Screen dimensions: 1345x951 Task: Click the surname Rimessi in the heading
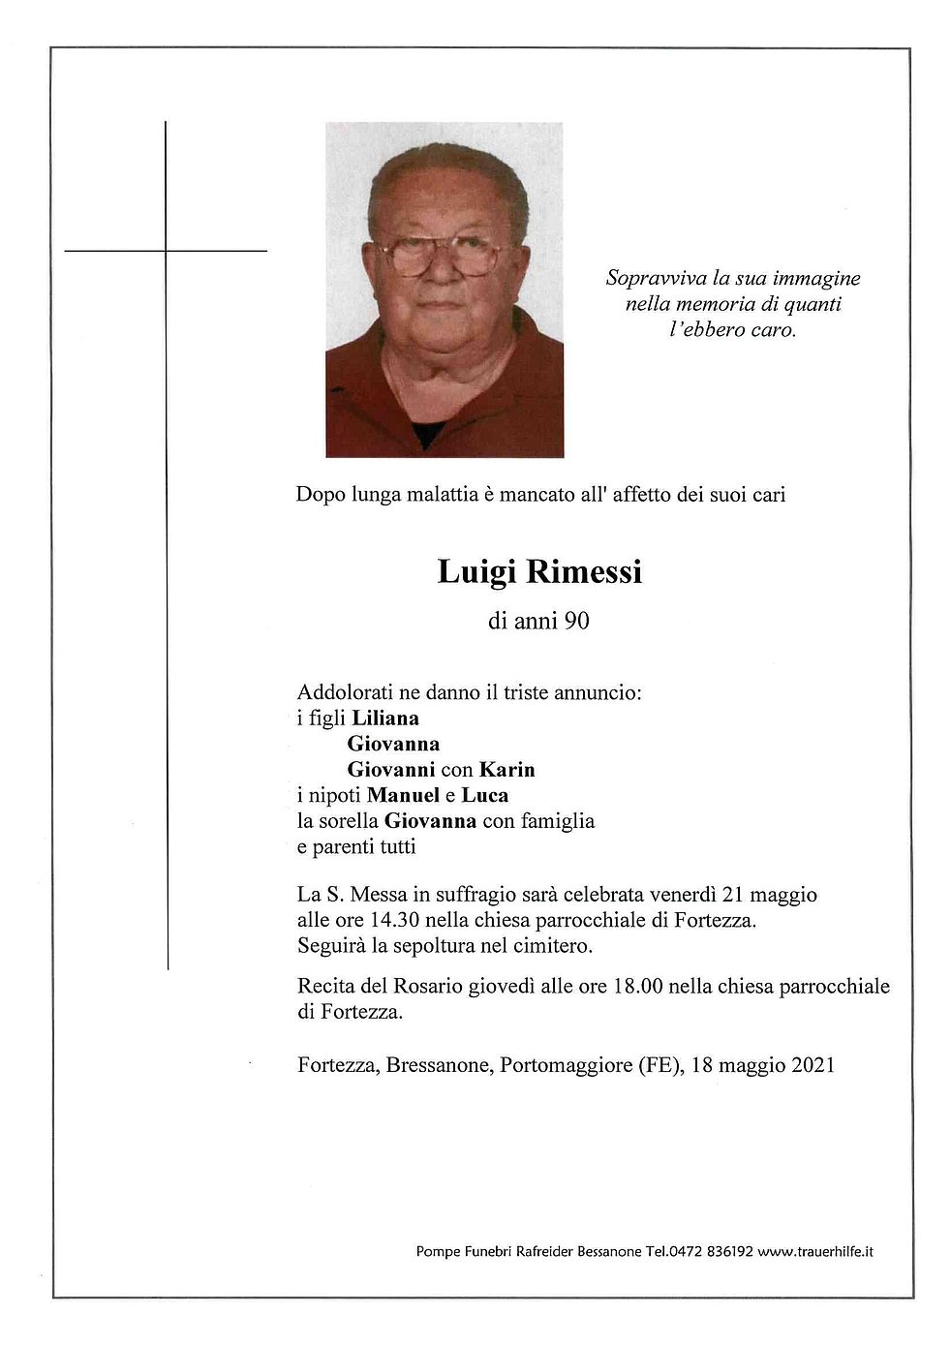coord(584,572)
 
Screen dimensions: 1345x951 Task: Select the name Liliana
coord(385,718)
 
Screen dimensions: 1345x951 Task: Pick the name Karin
coord(506,770)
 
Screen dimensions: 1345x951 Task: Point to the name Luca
coord(485,795)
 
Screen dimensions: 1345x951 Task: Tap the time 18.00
coord(637,987)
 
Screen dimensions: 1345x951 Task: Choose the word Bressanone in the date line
coord(440,1065)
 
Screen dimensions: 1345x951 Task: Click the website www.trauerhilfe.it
coord(815,1251)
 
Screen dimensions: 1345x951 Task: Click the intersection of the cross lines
coord(167,251)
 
